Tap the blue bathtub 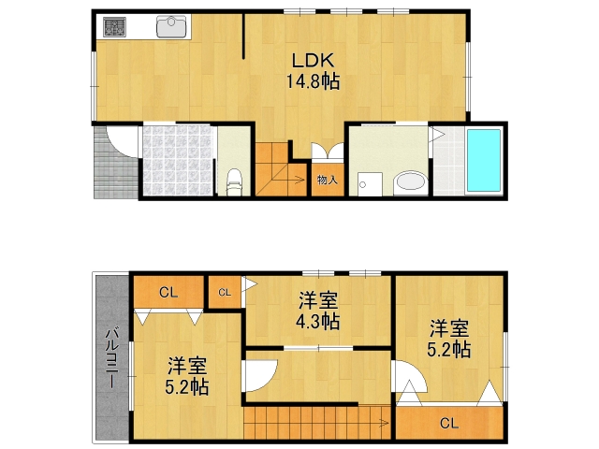(484, 161)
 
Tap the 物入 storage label (327, 180)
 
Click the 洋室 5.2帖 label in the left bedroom (188, 375)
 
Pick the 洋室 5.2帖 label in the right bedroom (450, 339)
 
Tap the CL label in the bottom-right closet (449, 423)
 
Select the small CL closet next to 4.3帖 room (225, 293)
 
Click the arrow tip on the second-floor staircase (387, 423)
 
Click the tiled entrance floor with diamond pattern (178, 161)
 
